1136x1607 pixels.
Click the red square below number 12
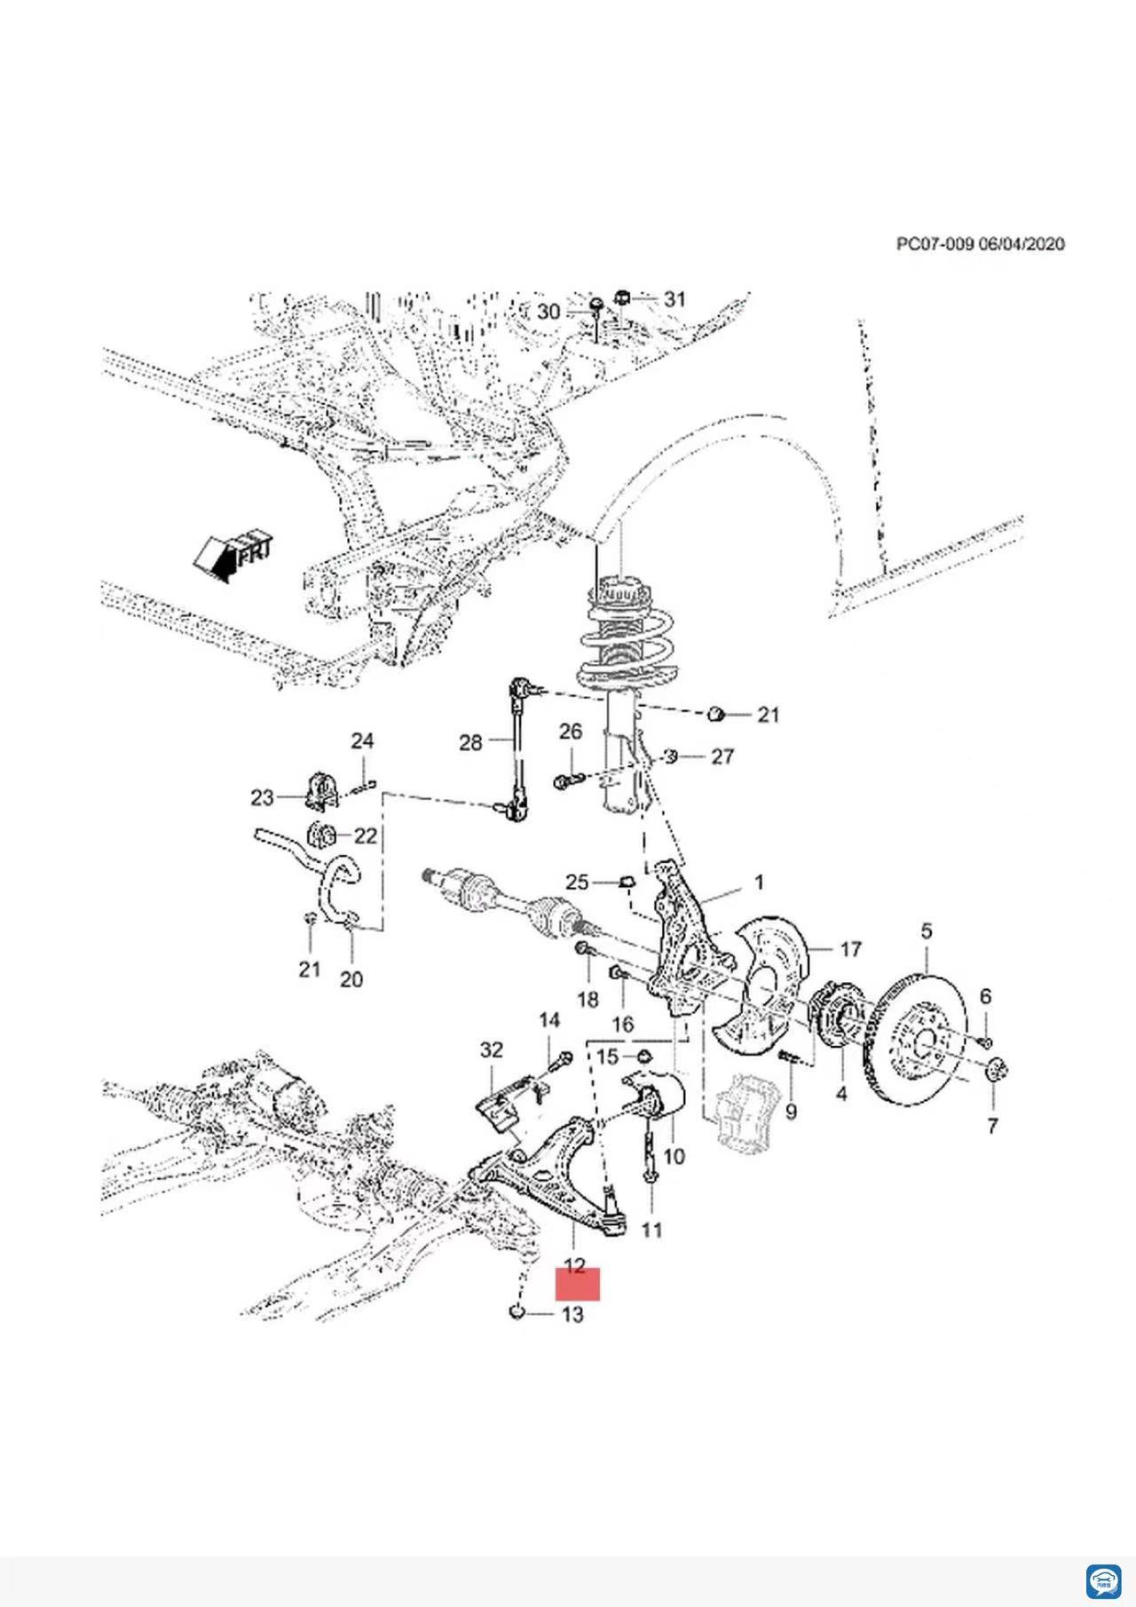pyautogui.click(x=578, y=1284)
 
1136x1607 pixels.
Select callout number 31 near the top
pyautogui.click(x=674, y=299)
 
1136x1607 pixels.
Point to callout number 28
pyautogui.click(x=470, y=742)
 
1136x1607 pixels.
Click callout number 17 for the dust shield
pyautogui.click(x=850, y=949)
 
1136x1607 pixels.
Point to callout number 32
pyautogui.click(x=492, y=1050)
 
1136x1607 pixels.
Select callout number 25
pyautogui.click(x=577, y=882)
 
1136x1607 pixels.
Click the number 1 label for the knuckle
pyautogui.click(x=759, y=883)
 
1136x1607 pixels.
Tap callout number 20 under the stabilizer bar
pyautogui.click(x=351, y=979)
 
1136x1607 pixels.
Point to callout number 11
pyautogui.click(x=651, y=1231)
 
